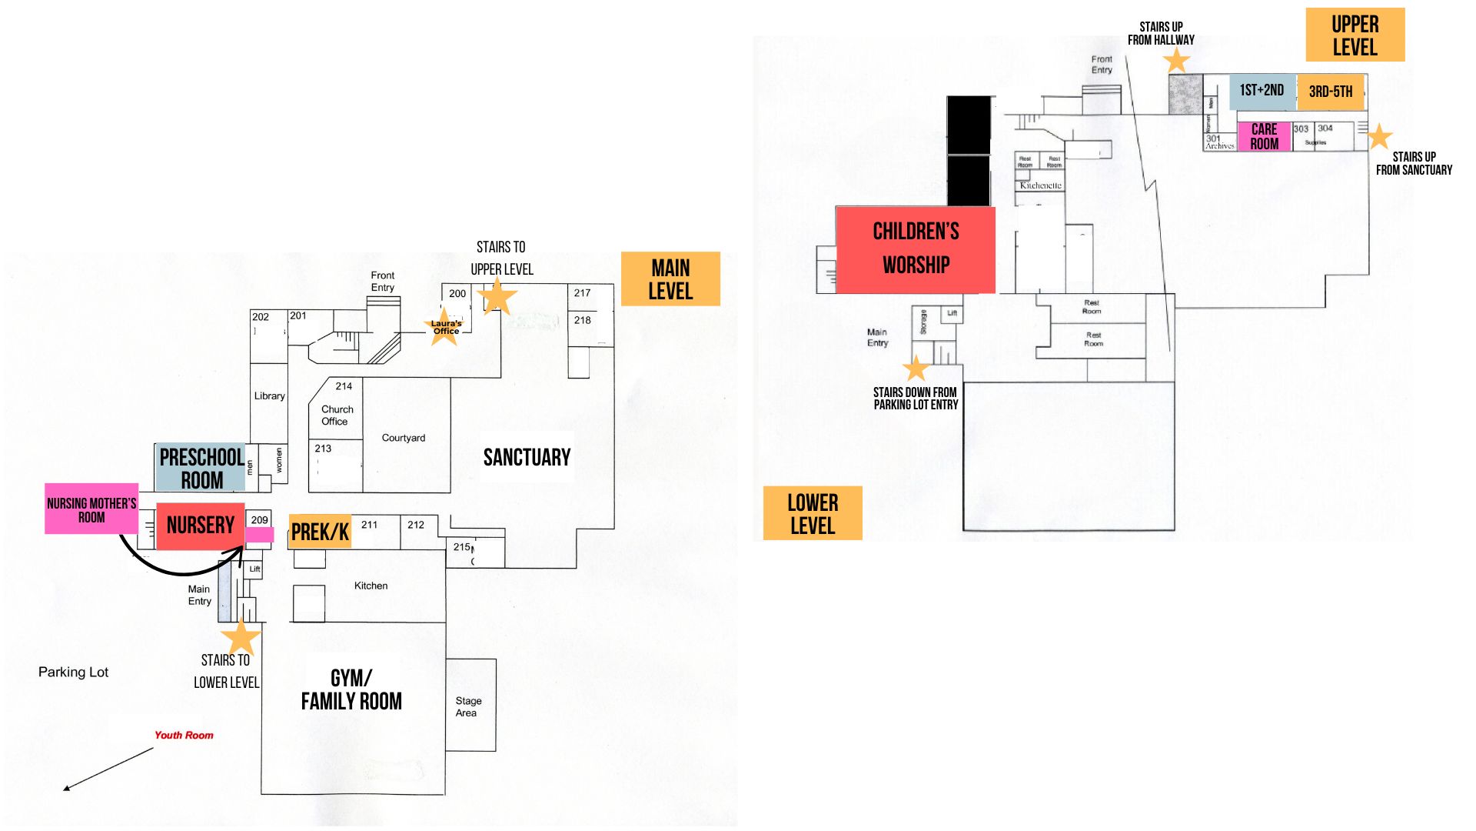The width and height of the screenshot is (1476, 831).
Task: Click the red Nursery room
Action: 200,526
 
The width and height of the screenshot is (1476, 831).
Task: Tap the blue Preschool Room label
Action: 201,468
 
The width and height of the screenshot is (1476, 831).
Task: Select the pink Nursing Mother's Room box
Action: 91,509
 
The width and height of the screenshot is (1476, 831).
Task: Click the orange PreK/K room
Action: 320,532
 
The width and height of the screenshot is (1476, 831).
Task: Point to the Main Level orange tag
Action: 670,279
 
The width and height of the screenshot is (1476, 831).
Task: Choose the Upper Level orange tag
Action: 1355,35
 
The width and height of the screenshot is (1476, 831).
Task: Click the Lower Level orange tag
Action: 813,513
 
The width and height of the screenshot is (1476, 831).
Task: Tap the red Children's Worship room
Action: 915,249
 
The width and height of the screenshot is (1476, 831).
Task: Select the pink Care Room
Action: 1264,136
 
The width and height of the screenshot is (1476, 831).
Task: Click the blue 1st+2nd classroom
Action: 1262,91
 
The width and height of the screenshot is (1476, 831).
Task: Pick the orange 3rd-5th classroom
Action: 1330,92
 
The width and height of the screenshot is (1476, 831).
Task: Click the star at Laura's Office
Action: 444,327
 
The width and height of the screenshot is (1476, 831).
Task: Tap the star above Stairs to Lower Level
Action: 241,636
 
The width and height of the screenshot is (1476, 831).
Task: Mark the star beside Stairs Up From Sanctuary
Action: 1379,136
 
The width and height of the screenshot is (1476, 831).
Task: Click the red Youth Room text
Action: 184,735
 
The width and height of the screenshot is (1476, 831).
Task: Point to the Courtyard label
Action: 404,438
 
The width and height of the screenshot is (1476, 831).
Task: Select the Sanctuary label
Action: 527,458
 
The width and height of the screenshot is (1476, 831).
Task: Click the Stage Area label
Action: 468,706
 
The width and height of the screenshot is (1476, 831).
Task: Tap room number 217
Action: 582,292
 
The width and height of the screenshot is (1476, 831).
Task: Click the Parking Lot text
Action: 73,672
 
